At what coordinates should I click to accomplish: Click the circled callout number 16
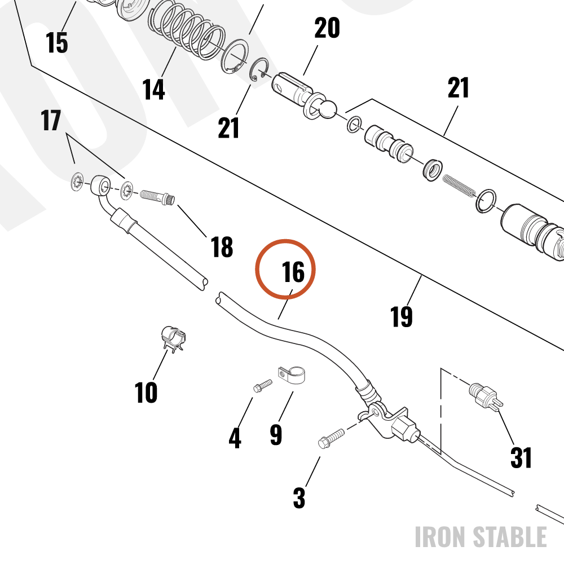click(293, 272)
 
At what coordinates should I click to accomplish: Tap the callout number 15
click(57, 42)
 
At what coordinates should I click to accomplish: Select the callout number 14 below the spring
click(153, 89)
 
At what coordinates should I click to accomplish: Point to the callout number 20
click(327, 28)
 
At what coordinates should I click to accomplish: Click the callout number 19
click(402, 316)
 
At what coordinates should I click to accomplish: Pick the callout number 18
click(222, 247)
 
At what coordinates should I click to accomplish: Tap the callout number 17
click(51, 121)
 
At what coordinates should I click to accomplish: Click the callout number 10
click(146, 392)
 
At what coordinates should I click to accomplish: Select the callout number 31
click(521, 457)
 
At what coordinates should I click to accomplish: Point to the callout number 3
click(299, 498)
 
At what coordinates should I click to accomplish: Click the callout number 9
click(276, 434)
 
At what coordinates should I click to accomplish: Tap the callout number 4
click(235, 438)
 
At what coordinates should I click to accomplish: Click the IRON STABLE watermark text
click(481, 537)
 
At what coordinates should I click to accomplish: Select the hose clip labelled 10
click(173, 339)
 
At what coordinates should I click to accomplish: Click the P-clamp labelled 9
click(292, 375)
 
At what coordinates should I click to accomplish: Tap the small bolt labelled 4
click(263, 386)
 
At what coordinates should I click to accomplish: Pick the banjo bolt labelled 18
click(157, 197)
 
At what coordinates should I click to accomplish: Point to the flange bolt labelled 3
click(331, 438)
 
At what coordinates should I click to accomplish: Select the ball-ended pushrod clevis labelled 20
click(304, 95)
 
